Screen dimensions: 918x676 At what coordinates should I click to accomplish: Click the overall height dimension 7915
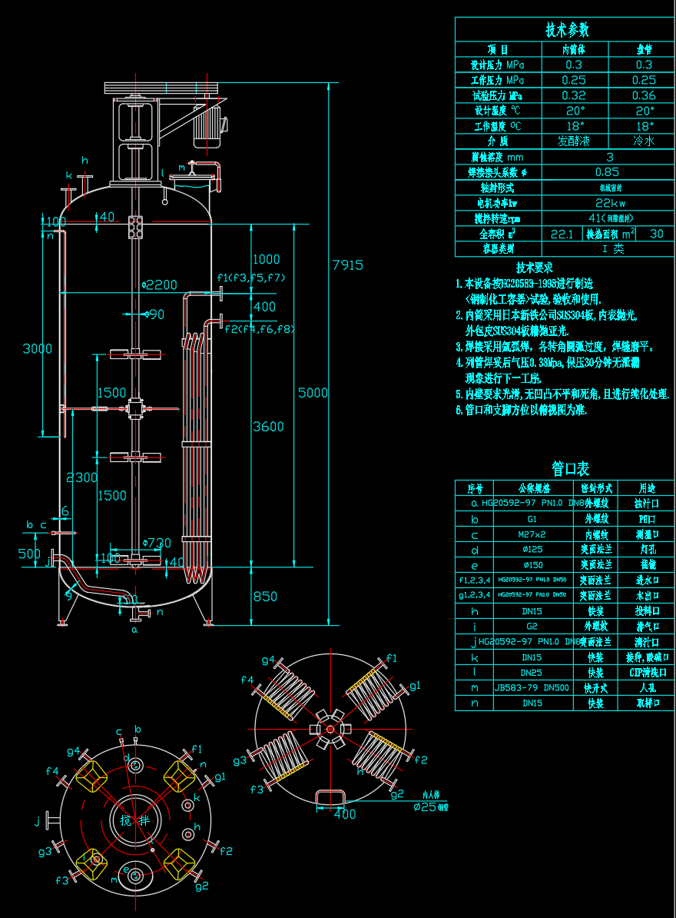click(347, 265)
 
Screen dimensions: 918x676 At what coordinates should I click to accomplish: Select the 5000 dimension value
click(313, 393)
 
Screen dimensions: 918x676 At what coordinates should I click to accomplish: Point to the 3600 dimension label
click(268, 427)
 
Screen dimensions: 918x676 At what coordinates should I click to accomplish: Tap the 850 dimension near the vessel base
click(264, 596)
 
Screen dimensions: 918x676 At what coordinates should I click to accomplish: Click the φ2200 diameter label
click(159, 284)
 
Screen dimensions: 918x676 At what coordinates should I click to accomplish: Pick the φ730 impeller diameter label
click(156, 544)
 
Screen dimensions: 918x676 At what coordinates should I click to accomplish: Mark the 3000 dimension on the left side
click(38, 349)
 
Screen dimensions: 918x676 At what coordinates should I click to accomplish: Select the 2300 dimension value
click(82, 477)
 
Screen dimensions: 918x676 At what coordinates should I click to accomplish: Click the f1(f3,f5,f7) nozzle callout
click(251, 278)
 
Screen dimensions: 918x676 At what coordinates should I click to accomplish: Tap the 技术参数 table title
click(567, 30)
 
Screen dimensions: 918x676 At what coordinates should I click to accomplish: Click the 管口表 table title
click(570, 468)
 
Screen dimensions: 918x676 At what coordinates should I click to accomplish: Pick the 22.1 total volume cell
click(562, 234)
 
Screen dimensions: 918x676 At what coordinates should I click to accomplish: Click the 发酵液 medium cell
click(574, 141)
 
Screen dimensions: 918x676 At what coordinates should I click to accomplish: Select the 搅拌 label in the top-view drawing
click(135, 820)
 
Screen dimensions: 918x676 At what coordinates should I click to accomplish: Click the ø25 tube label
click(430, 807)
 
